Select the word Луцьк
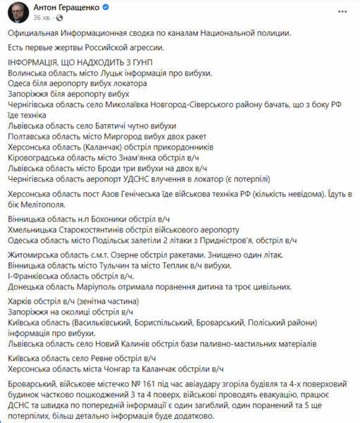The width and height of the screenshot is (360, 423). [x=105, y=73]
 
